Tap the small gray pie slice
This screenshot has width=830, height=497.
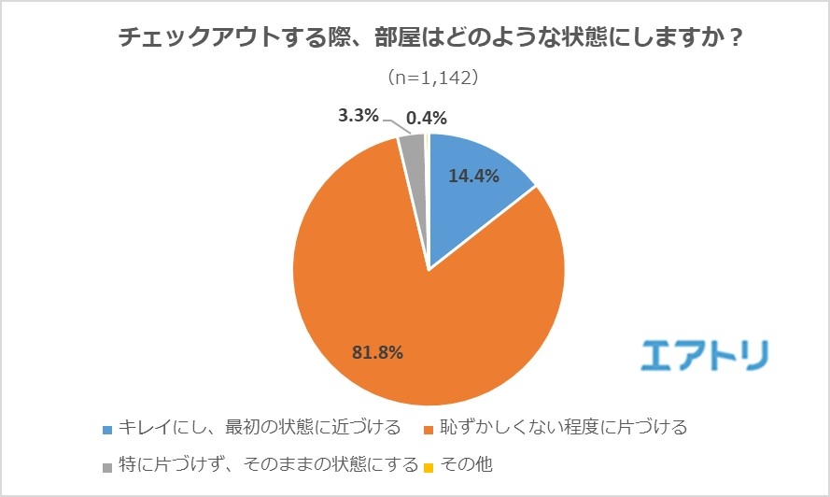point(413,149)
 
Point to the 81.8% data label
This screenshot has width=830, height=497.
point(377,352)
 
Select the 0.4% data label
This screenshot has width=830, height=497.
point(427,118)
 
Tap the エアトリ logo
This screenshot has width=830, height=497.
point(706,355)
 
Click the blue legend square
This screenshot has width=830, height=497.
point(107,430)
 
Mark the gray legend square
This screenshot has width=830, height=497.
point(107,464)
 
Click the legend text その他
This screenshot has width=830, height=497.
point(465,464)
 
